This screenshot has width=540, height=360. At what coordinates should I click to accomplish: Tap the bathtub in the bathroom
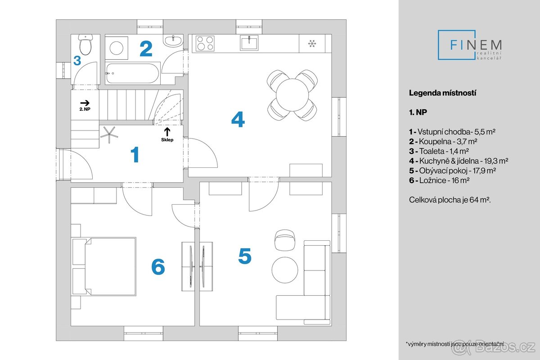tap(132, 73)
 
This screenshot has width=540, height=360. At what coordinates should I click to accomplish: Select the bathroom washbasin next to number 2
tap(173, 41)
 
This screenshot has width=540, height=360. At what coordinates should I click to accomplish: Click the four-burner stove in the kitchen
tap(205, 44)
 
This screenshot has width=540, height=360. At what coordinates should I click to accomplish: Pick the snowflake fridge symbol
tap(311, 44)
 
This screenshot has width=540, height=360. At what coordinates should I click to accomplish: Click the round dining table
tap(292, 95)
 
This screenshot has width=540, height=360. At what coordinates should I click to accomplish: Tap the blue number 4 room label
tap(238, 120)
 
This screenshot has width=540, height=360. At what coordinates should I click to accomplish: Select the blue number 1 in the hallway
tap(135, 155)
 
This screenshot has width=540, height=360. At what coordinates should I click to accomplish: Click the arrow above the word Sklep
tap(167, 131)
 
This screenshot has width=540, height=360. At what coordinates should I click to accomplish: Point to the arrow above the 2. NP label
tap(85, 103)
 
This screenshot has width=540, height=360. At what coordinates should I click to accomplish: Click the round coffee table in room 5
tap(284, 269)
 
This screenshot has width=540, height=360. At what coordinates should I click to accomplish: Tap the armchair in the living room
tap(284, 239)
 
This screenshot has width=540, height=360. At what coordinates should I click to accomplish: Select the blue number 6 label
tap(158, 267)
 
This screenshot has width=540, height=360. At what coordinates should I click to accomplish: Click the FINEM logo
tap(470, 45)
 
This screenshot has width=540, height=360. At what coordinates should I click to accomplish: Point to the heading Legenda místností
tap(442, 93)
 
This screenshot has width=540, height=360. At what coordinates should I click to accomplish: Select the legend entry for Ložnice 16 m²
tap(439, 180)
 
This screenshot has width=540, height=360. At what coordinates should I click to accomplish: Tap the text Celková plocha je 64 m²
tap(449, 199)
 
